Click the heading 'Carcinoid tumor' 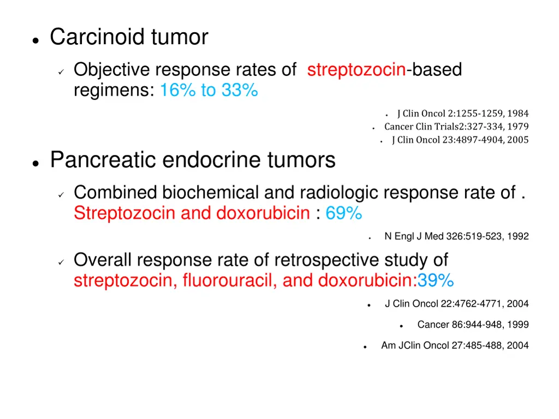tap(129, 38)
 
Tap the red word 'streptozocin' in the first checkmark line tap(356, 70)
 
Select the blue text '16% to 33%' tap(209, 91)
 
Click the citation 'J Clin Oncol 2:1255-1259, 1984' tap(462, 113)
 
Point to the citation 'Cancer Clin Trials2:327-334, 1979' tap(456, 127)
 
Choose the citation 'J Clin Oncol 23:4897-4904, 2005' tap(460, 140)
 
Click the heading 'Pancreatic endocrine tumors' tap(193, 160)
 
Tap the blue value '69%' tap(344, 213)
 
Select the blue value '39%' tap(436, 280)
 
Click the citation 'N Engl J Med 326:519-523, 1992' tap(456, 236)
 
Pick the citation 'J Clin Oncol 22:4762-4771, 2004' tap(456, 304)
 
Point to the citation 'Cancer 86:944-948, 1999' tap(473, 325)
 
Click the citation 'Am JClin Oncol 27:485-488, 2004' tap(455, 345)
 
